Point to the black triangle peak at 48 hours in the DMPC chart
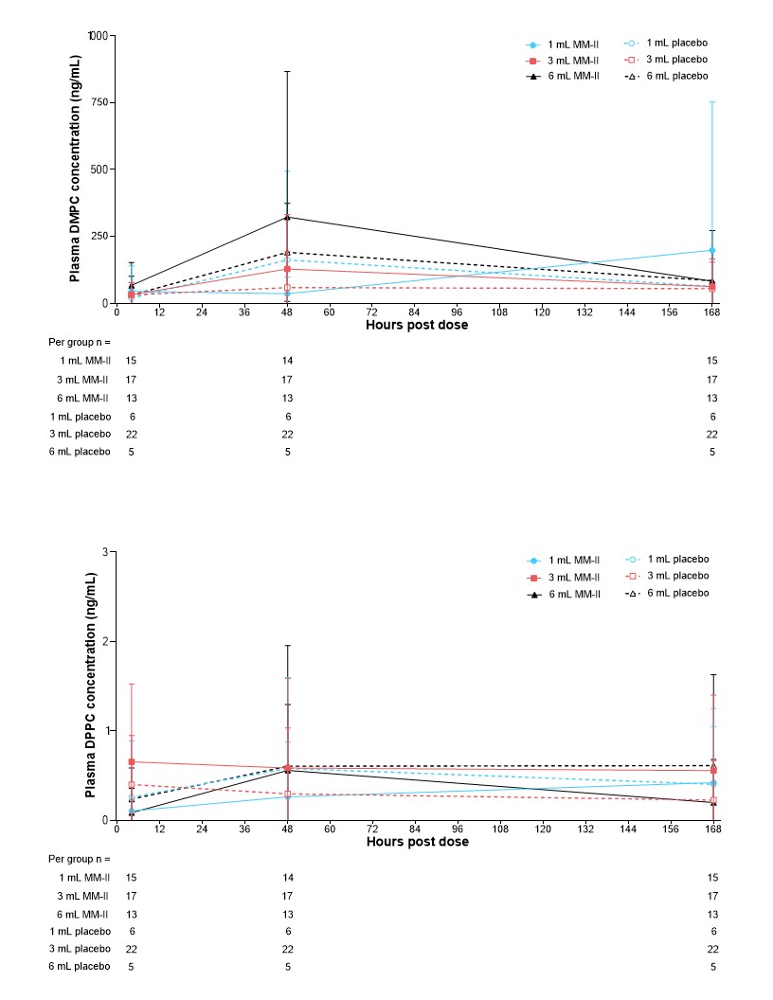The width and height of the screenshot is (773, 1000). click(287, 217)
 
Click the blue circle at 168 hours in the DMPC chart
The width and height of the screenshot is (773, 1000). click(712, 250)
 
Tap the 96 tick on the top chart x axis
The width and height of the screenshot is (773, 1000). click(458, 312)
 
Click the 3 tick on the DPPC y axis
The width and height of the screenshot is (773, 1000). click(106, 551)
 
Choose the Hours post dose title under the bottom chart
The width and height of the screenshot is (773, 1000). click(417, 842)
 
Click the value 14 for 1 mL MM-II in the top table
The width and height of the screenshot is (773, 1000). click(287, 361)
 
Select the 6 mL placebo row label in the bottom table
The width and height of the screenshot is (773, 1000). click(82, 967)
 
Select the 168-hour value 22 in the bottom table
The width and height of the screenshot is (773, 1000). click(712, 949)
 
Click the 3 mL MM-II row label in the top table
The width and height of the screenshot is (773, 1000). click(83, 379)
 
